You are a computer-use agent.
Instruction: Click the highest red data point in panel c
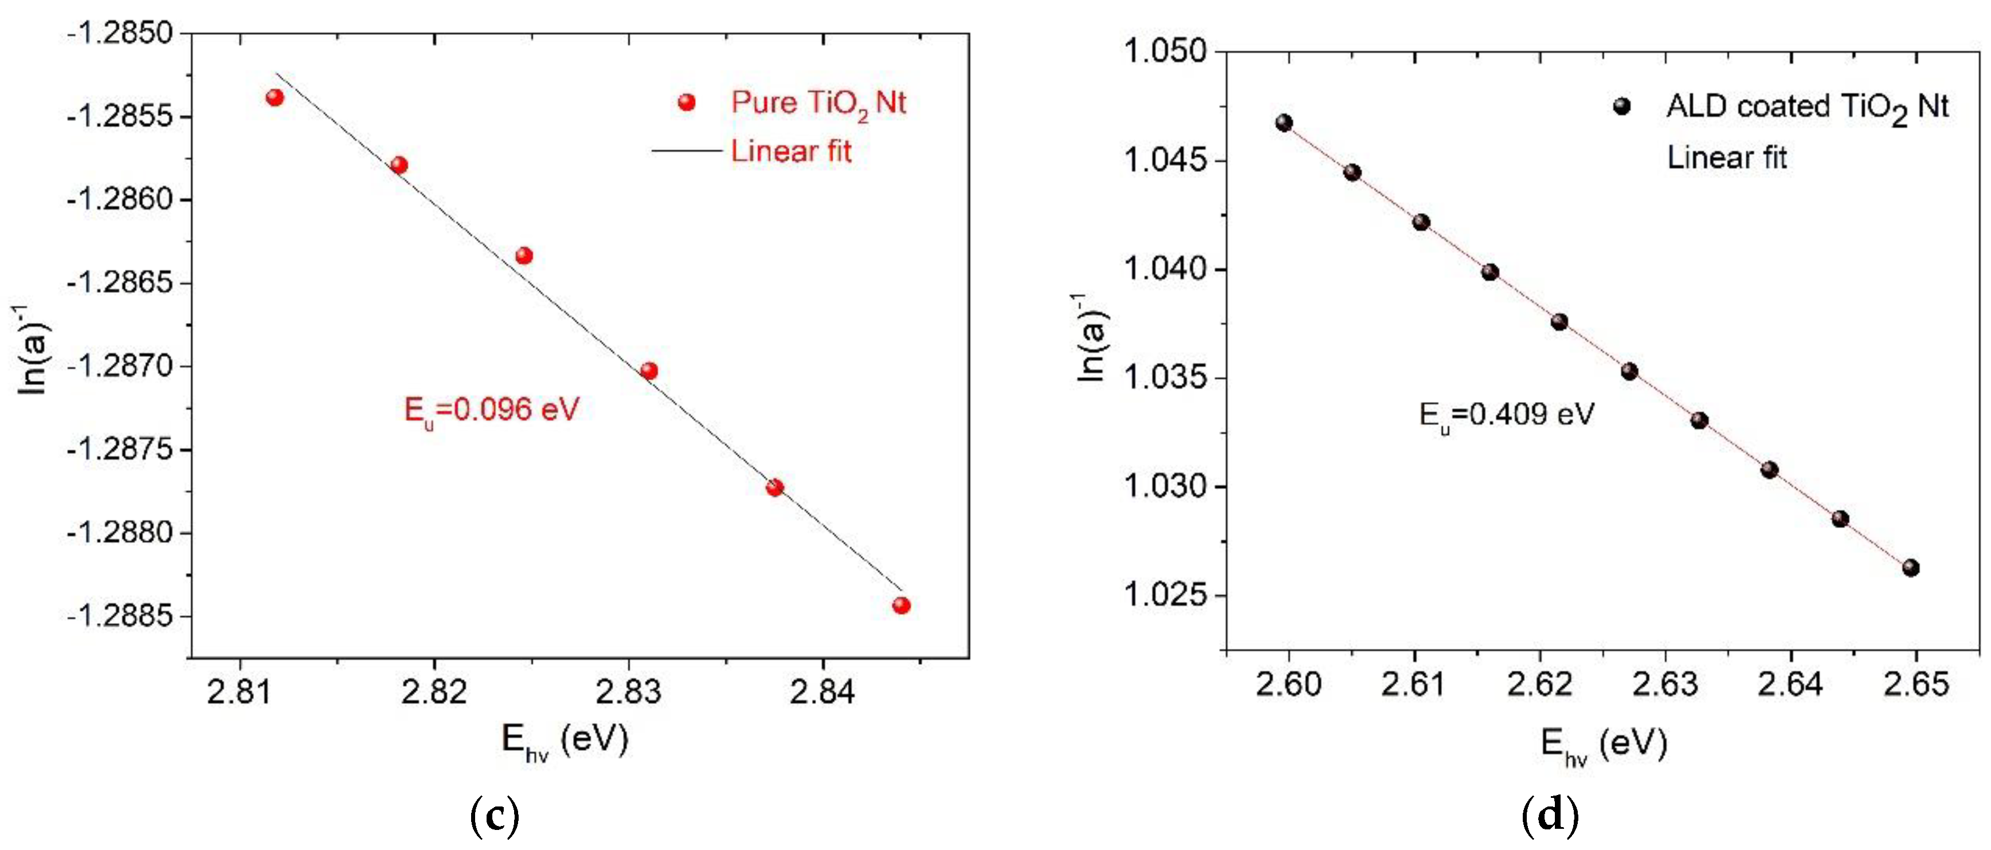coord(275,97)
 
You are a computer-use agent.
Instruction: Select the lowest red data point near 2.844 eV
coord(901,605)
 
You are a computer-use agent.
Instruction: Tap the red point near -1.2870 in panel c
coord(649,371)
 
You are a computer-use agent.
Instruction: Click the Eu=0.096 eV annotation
coord(492,410)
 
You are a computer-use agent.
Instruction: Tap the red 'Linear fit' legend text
coord(791,151)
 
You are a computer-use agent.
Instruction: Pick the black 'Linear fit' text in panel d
coord(1727,158)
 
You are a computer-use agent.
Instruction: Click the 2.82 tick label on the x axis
coord(434,691)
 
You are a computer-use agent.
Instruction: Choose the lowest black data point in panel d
coord(1911,568)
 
